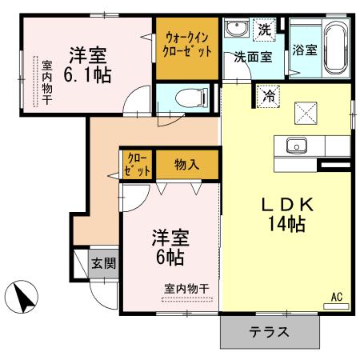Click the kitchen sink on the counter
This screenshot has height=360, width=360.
coord(295,146)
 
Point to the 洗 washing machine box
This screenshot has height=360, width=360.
coord(265,30)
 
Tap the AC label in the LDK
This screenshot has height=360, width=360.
coord(337,297)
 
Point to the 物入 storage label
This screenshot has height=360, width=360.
coord(186,166)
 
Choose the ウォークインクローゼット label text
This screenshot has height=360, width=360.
coord(189,44)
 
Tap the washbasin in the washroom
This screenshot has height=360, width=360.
coord(236,30)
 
